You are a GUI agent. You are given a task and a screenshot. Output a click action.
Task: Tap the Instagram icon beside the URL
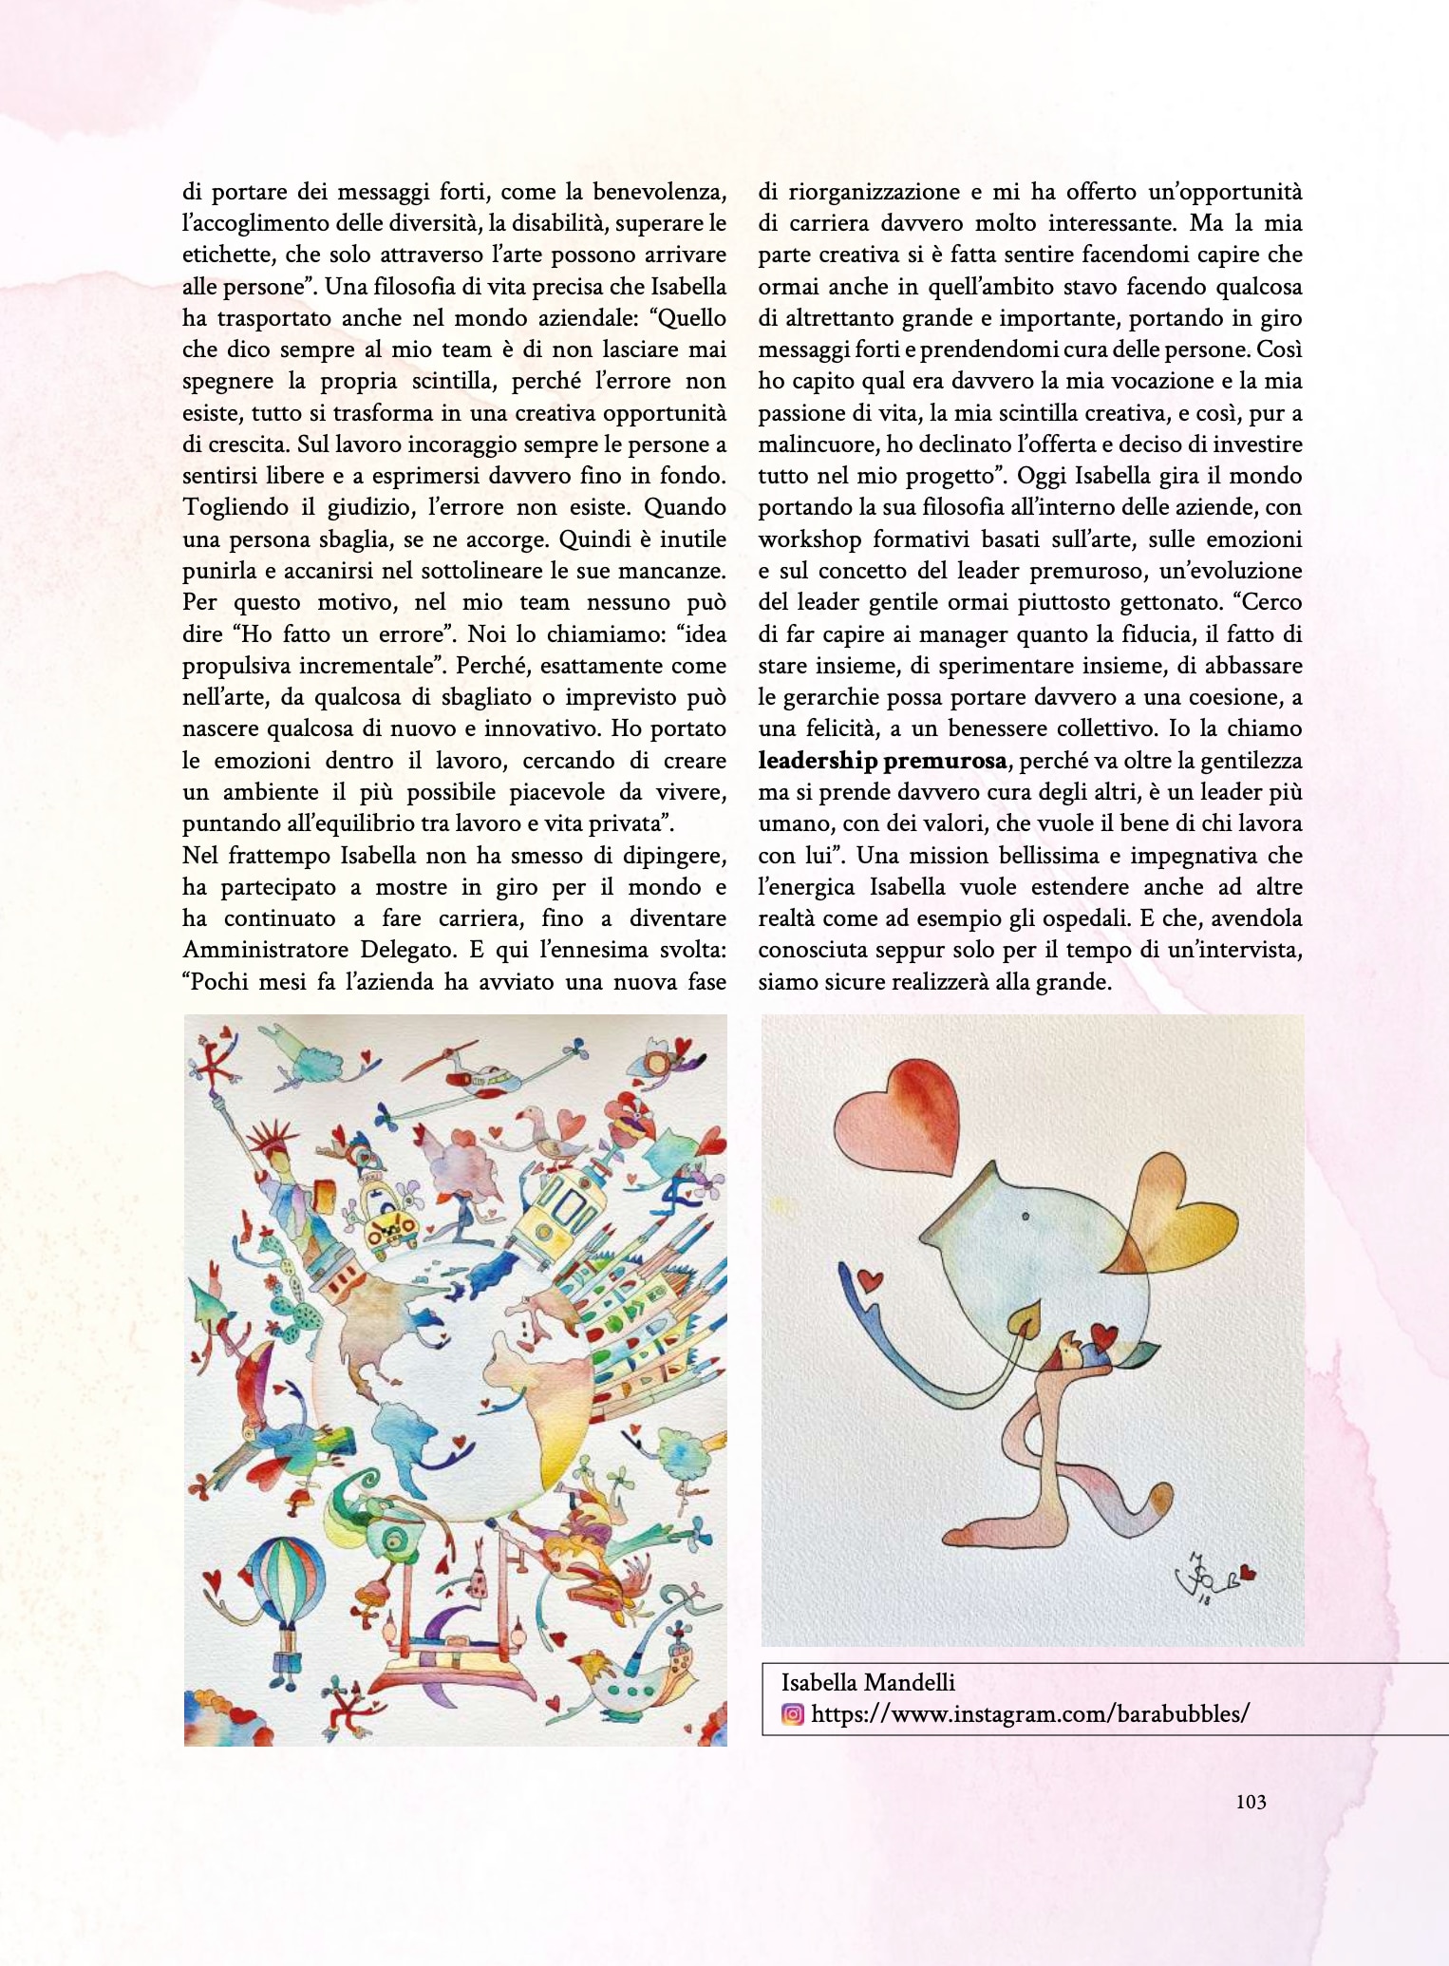coord(792,1714)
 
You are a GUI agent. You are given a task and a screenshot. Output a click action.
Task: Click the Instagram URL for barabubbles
coord(1030,1714)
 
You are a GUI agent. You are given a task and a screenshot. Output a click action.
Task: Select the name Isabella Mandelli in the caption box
coord(868,1683)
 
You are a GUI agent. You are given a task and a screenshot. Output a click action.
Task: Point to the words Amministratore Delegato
coord(294,951)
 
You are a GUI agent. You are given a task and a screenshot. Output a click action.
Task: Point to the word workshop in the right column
coord(807,539)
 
